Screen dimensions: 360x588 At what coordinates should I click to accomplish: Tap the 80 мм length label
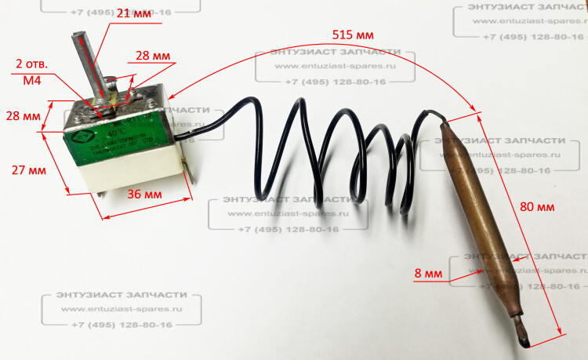tap(537, 207)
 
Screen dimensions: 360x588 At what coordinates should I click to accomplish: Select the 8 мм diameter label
tap(427, 273)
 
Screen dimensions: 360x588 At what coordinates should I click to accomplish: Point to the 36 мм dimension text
tap(145, 194)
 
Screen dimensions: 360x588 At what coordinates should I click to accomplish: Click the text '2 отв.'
tap(31, 63)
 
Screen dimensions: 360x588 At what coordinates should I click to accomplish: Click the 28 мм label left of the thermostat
tap(24, 116)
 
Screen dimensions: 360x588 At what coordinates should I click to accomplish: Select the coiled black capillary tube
tap(329, 157)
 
